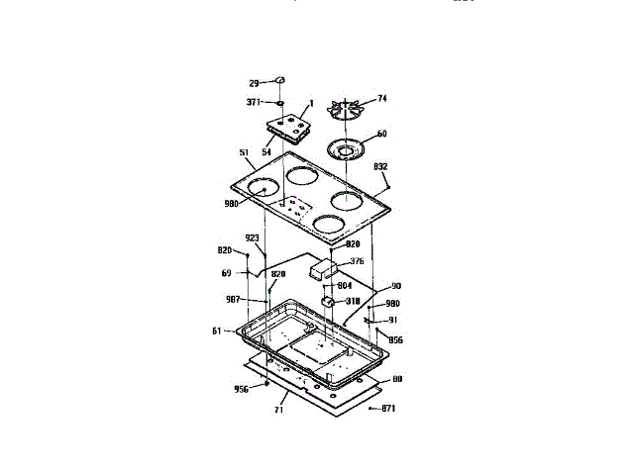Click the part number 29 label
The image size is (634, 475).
(254, 82)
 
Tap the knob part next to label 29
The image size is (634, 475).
(280, 79)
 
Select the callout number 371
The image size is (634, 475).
(254, 101)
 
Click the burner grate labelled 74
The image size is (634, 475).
(350, 109)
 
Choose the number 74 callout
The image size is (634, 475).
(382, 99)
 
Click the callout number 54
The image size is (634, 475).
(266, 151)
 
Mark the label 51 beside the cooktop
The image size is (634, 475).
(244, 152)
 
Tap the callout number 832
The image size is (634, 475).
(381, 166)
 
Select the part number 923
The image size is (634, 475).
(253, 237)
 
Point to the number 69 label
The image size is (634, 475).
(226, 272)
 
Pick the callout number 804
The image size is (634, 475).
(344, 286)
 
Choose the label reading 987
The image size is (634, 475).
(234, 299)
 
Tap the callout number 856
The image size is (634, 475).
(395, 339)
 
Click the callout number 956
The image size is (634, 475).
(241, 389)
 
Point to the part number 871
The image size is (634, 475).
(389, 408)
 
